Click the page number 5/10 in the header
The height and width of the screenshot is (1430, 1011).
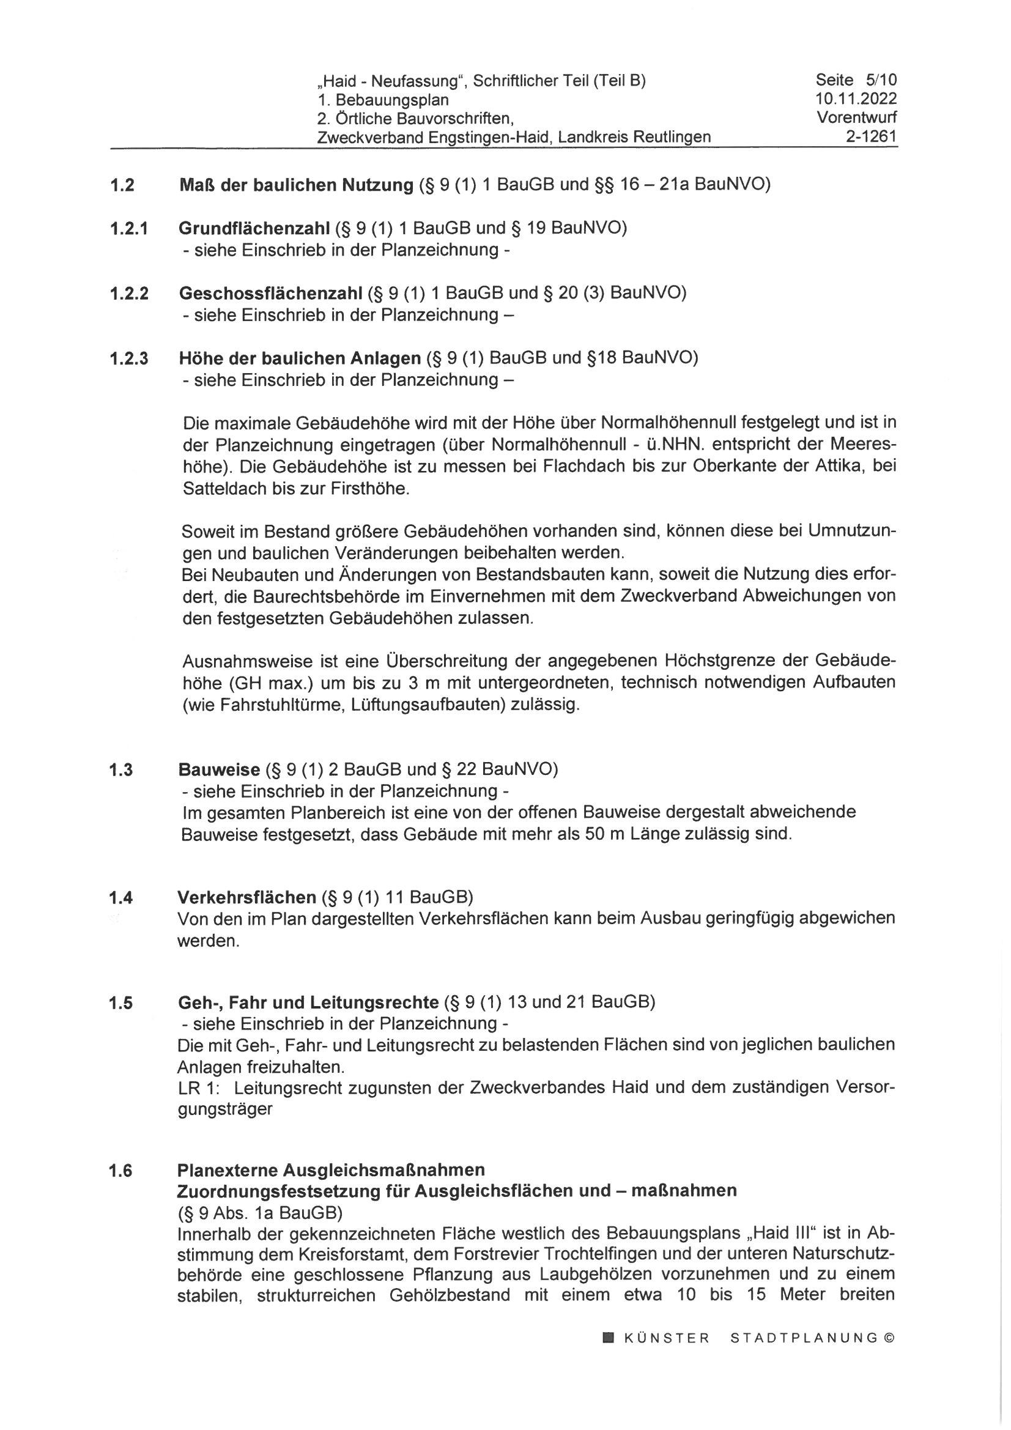(881, 80)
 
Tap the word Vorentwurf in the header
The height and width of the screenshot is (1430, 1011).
(856, 117)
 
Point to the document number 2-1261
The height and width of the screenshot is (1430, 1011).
(871, 136)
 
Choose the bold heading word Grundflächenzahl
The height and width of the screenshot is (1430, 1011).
(254, 228)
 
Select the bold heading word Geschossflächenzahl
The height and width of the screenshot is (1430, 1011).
(270, 293)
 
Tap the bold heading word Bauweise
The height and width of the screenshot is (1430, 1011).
(218, 769)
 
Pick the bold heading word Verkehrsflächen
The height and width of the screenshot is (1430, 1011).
(246, 897)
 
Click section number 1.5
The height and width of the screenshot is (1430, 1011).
(121, 1003)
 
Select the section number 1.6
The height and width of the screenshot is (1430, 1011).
(121, 1171)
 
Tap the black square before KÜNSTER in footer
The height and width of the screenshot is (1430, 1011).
(608, 1337)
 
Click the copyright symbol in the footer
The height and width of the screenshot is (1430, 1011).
(889, 1337)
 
